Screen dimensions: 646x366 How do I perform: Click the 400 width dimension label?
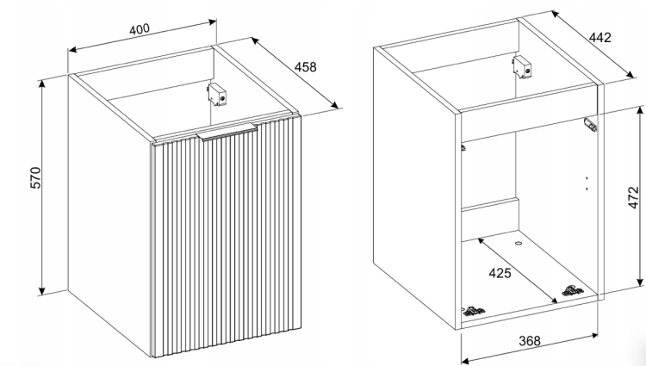coord(140,29)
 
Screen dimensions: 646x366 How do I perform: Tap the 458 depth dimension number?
coord(305,66)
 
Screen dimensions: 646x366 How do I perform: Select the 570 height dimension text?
coord(36,178)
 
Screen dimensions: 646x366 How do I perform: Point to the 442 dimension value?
coord(599,38)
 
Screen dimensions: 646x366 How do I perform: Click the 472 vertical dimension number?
coord(634,197)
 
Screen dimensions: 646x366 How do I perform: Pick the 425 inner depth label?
coord(500,273)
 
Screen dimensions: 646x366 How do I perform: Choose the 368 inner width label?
coord(530,341)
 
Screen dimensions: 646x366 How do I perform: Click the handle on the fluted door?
coord(227,132)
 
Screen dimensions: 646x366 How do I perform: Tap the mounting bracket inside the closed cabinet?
coord(217,94)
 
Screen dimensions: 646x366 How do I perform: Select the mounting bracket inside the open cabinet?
coord(522,67)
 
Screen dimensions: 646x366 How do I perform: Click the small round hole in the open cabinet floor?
coord(519,244)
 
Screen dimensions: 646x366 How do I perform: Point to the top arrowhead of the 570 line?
coord(41,84)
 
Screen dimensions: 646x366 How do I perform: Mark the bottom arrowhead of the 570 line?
coord(41,291)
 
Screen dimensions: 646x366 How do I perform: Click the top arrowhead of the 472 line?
coord(640,110)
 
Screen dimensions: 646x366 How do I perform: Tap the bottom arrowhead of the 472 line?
coord(640,282)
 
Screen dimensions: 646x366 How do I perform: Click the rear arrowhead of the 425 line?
coord(481,241)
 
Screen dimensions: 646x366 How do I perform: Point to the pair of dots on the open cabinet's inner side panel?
coord(587,183)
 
